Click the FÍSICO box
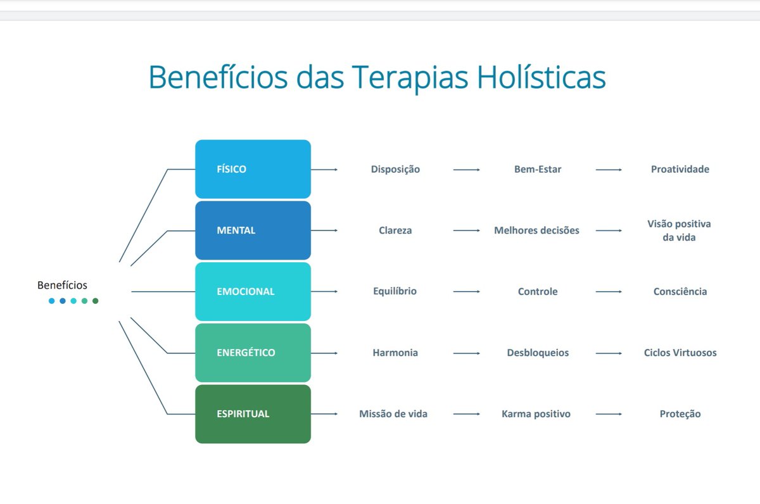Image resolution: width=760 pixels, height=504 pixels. [253, 169]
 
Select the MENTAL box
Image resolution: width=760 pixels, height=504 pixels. [253, 230]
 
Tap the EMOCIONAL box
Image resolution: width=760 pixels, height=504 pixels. [253, 292]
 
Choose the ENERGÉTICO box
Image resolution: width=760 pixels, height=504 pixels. [253, 353]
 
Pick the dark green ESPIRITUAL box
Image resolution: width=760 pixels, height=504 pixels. [253, 414]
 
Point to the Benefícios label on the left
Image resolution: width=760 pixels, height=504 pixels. [62, 285]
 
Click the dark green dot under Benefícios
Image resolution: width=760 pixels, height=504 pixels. [96, 301]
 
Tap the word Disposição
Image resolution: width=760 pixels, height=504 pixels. [395, 169]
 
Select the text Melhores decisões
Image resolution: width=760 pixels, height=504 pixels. [536, 230]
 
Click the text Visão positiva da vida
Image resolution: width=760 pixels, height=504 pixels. [680, 230]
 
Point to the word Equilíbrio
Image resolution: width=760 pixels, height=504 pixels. [395, 291]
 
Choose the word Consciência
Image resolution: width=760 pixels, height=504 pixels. [680, 292]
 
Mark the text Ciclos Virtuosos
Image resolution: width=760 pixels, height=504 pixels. [680, 353]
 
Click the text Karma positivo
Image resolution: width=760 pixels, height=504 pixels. [536, 414]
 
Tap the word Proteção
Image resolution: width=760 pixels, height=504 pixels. [680, 414]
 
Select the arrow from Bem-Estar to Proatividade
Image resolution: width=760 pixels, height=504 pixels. [609, 170]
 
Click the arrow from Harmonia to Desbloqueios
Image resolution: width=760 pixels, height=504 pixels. [467, 353]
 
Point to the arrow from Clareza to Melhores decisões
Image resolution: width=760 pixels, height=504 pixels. [467, 230]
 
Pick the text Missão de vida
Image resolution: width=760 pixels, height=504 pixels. [393, 414]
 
